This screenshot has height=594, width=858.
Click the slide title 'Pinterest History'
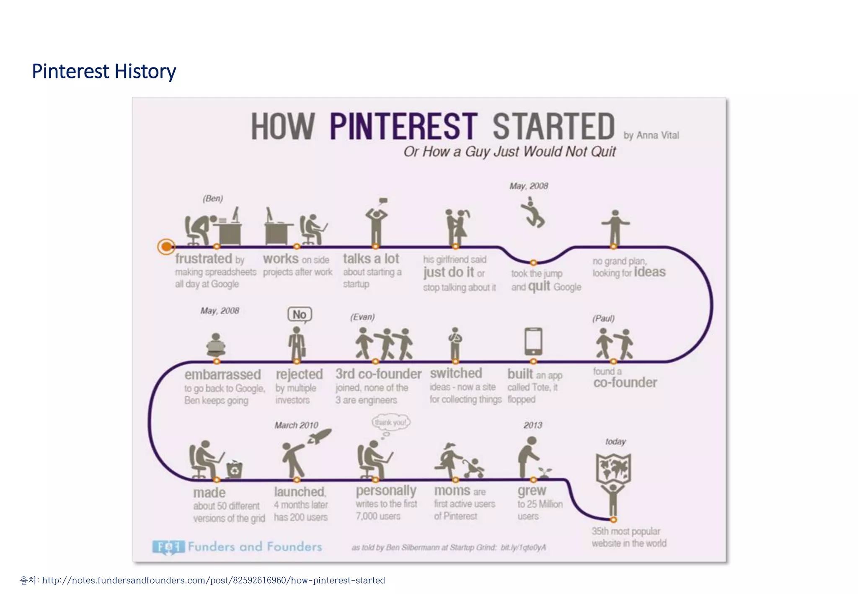click(x=104, y=71)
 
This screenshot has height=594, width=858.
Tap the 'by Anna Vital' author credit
click(x=651, y=135)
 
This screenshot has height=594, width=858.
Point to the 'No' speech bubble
click(x=300, y=315)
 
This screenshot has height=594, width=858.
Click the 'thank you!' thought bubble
click(x=391, y=422)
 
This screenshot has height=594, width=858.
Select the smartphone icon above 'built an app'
click(x=533, y=341)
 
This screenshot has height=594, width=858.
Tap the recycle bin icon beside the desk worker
click(x=235, y=470)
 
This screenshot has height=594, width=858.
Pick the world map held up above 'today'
click(x=613, y=468)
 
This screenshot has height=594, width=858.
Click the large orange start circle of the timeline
click(x=166, y=247)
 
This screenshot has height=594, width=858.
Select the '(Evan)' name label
click(x=362, y=317)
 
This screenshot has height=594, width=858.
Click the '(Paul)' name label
click(x=603, y=318)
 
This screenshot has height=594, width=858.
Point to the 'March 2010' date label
click(x=296, y=426)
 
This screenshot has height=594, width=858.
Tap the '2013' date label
click(x=532, y=426)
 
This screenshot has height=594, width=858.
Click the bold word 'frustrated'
click(x=204, y=258)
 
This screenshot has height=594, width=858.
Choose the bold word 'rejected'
click(x=299, y=374)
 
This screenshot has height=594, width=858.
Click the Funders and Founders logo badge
click(x=168, y=547)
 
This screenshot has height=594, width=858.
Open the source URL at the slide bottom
click(x=213, y=581)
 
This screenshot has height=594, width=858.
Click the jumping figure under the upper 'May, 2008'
click(x=533, y=214)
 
